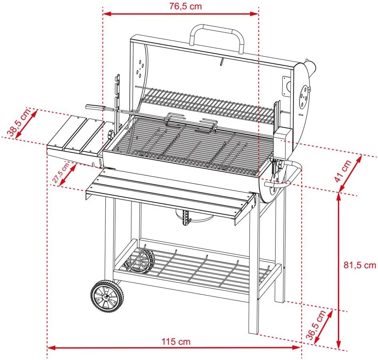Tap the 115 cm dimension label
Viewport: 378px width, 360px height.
click(x=176, y=342)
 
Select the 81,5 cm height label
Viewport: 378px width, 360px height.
click(x=360, y=265)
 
